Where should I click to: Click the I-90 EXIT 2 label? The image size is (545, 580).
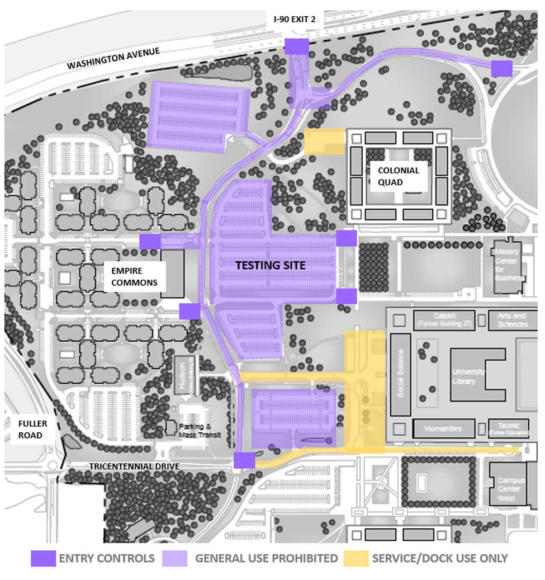[295, 19]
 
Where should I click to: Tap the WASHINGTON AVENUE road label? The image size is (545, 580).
[113, 58]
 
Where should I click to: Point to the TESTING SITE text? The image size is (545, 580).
[270, 265]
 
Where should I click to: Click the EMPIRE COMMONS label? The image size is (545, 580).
[134, 277]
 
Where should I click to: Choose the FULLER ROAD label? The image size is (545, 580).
[29, 429]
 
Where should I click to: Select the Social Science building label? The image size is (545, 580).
[400, 374]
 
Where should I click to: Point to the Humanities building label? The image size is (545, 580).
[443, 428]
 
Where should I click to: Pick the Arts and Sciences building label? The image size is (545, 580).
[512, 320]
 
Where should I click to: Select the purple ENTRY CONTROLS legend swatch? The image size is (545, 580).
[42, 558]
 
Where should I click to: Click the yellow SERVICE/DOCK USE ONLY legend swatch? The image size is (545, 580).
[356, 558]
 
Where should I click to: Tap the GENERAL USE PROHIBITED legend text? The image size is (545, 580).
[266, 558]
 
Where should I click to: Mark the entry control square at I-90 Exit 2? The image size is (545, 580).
[296, 46]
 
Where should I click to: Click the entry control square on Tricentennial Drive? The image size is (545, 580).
[244, 460]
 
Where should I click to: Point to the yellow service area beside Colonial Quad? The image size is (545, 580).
[324, 142]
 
